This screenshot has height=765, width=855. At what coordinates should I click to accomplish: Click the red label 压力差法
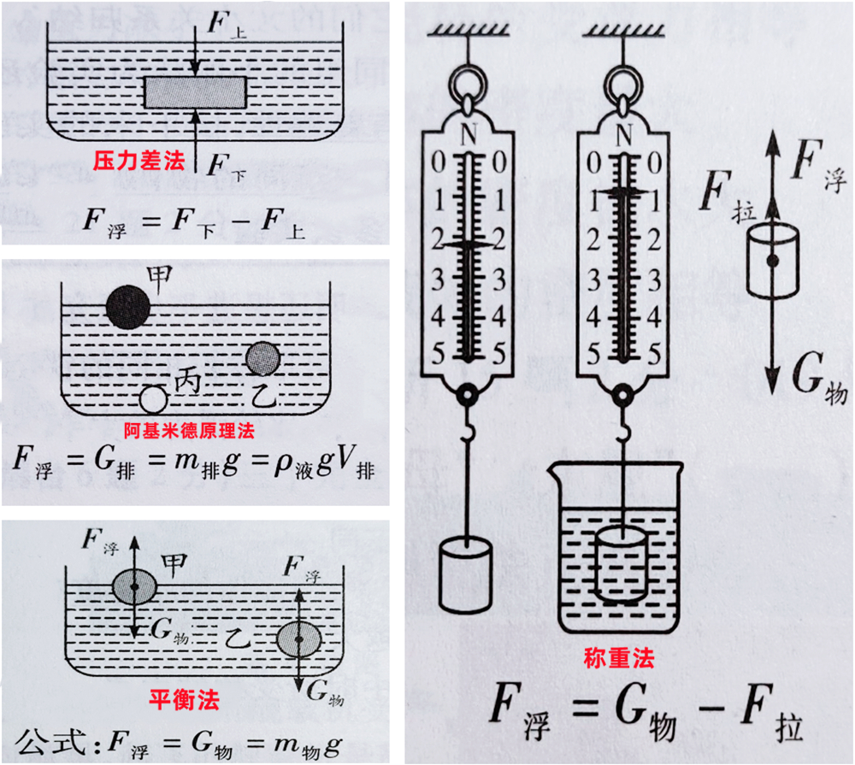click(139, 160)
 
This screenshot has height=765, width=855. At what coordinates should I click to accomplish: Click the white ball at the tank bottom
click(153, 398)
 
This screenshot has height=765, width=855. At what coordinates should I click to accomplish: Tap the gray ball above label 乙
click(262, 360)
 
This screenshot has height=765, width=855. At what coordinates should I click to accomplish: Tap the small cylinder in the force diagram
click(771, 260)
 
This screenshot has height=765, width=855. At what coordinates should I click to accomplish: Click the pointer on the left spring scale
click(467, 244)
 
